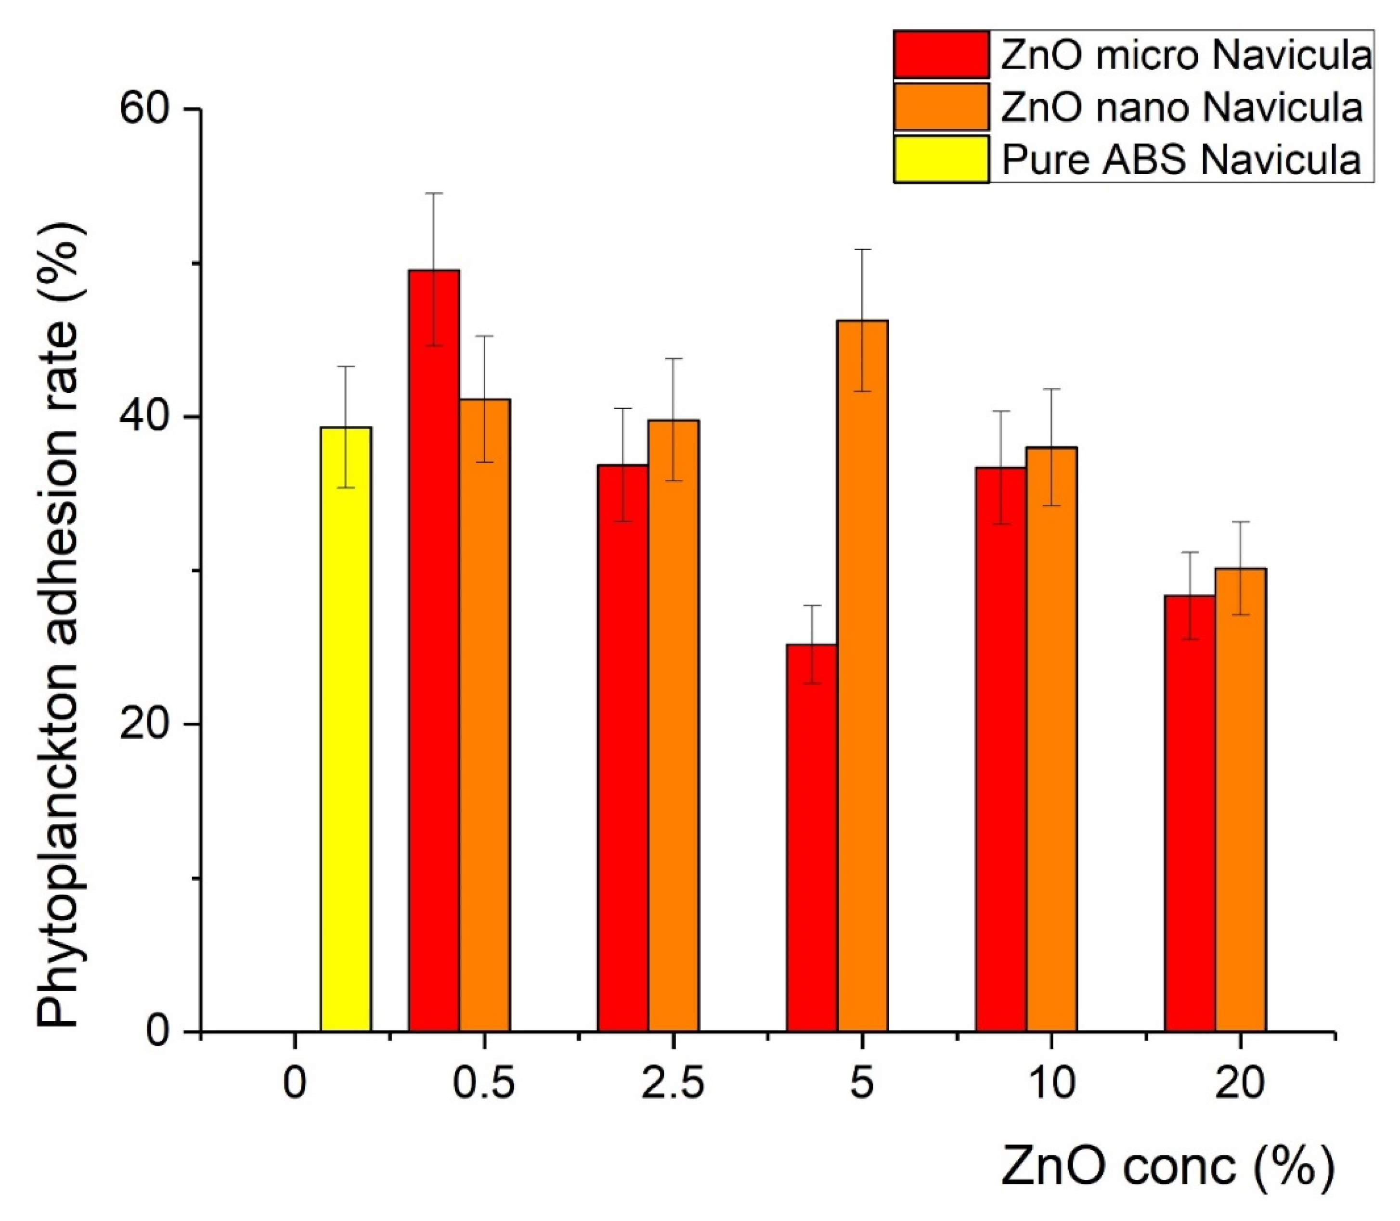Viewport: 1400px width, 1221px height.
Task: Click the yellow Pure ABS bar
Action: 346,729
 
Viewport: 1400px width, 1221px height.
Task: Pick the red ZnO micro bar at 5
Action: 812,837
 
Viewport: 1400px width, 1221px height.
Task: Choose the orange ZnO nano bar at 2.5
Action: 674,726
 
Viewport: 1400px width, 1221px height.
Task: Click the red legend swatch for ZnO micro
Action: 941,54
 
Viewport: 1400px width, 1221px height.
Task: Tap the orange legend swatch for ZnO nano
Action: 941,106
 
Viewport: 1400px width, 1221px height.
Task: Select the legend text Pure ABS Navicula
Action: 1181,159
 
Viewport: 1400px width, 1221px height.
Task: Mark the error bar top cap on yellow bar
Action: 346,367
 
